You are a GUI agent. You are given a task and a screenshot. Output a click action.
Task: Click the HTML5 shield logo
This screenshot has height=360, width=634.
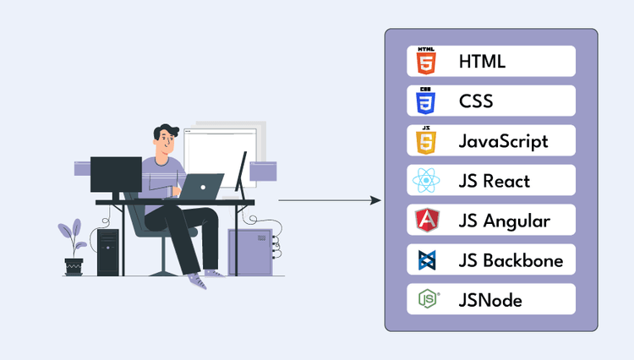[428, 62]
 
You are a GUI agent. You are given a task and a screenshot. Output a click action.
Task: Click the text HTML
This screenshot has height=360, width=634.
[484, 62]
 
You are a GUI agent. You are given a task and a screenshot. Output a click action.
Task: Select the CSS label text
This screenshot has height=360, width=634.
[477, 101]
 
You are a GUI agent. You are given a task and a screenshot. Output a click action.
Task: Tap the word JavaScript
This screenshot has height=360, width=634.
[504, 141]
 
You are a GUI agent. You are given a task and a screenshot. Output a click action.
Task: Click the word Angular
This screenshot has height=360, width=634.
[518, 221]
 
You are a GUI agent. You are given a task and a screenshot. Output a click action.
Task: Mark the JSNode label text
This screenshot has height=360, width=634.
[491, 300]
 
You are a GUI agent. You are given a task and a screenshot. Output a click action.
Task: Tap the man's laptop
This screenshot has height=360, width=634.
[200, 186]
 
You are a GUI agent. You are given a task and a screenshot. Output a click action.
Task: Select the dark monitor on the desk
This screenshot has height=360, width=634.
[116, 174]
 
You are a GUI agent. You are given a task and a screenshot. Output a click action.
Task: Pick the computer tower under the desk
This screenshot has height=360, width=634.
[108, 253]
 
